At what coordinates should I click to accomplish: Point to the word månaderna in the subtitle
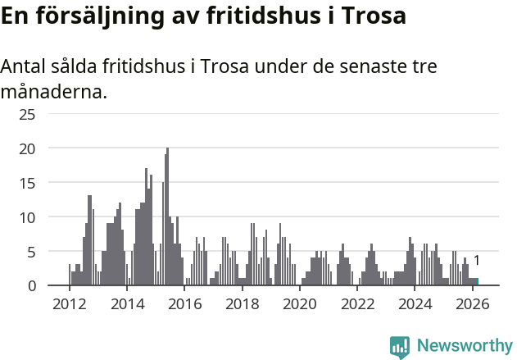(x=53, y=91)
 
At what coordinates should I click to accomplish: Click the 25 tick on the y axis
(x=27, y=114)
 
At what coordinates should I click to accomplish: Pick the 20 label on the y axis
(x=27, y=148)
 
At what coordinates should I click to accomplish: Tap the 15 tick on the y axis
(x=27, y=183)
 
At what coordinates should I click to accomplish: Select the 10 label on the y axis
(x=27, y=217)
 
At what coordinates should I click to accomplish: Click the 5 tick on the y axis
(x=31, y=252)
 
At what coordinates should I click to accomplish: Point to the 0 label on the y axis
(x=31, y=285)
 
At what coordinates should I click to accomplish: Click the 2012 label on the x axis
(x=69, y=304)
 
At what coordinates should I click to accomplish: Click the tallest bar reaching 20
(x=167, y=217)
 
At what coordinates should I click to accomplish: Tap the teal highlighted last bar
(x=477, y=282)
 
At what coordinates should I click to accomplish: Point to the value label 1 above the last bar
(x=477, y=261)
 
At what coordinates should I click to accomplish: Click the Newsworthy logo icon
(x=400, y=347)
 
